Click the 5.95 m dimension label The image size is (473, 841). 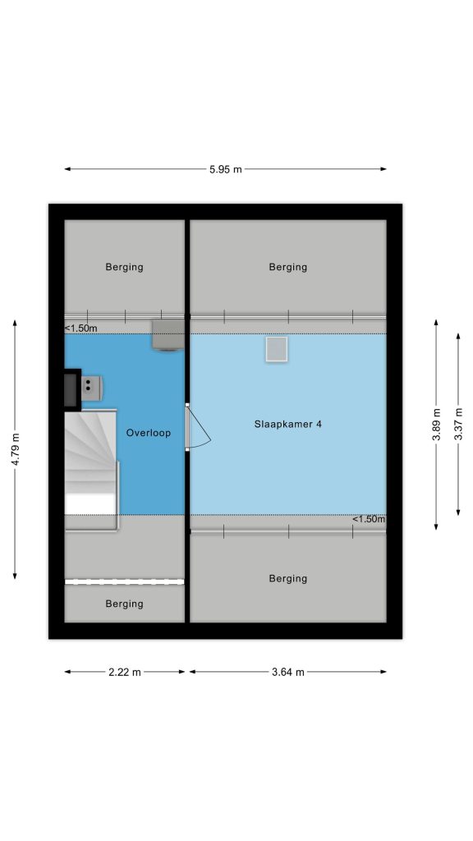[225, 169]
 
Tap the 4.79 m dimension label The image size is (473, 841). [15, 449]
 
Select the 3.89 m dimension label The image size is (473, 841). [436, 425]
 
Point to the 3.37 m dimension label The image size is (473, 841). [458, 425]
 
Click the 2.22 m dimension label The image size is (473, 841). [125, 672]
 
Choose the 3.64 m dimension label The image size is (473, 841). [288, 672]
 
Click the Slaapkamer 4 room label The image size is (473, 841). [288, 425]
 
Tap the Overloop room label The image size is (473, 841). [149, 433]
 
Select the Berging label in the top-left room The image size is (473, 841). [125, 267]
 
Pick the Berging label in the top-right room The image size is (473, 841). [288, 267]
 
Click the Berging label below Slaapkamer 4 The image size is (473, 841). [288, 578]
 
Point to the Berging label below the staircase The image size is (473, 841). [125, 604]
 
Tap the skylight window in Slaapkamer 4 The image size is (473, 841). [277, 349]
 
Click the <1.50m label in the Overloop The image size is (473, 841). [81, 328]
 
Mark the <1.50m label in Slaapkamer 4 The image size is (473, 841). [369, 519]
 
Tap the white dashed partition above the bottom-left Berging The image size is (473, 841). [125, 581]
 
